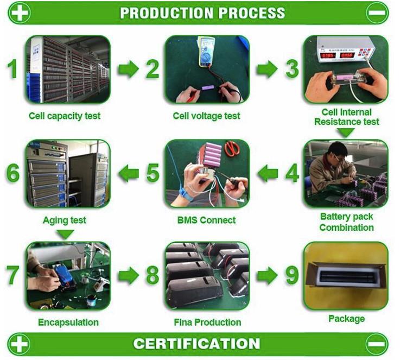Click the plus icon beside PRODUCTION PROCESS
20,12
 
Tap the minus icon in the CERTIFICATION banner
377,344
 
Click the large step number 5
152,173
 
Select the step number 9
292,275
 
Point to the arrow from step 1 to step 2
129,69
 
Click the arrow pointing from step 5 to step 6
129,173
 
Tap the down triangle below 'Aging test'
66,234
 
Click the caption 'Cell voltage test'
206,116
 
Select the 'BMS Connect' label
206,220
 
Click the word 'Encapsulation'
68,323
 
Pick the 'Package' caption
347,319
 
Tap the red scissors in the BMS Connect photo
232,149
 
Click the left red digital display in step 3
327,55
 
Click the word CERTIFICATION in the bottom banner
196,344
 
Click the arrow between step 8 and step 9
267,275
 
